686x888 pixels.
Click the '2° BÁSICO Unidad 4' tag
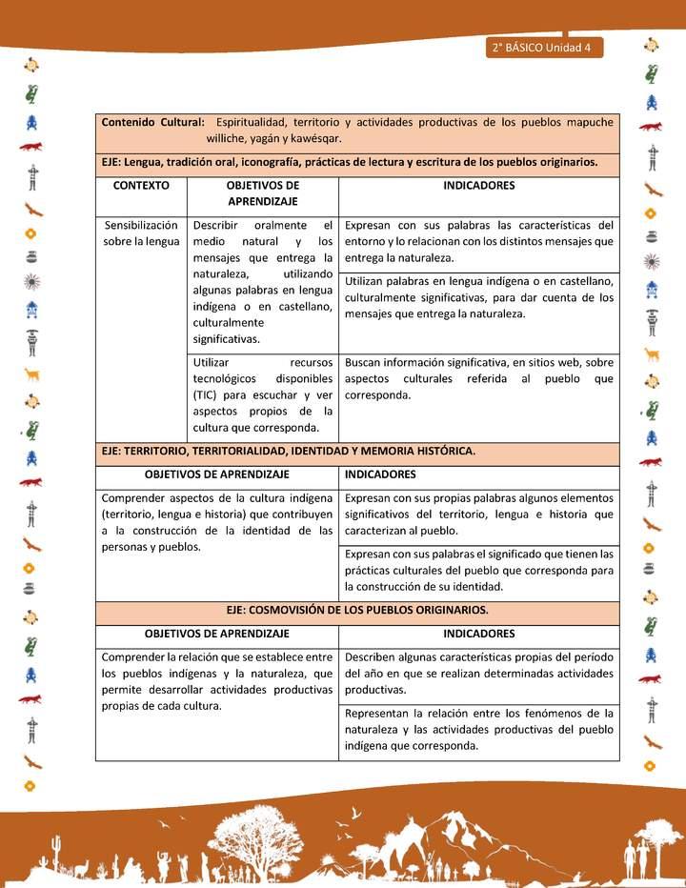click(x=542, y=49)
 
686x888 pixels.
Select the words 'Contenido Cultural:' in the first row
click(x=152, y=122)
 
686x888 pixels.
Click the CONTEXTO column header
click(x=141, y=186)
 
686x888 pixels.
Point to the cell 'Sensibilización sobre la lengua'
click(x=141, y=233)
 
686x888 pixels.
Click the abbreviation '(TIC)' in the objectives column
click(x=209, y=394)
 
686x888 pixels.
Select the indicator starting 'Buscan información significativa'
click(x=478, y=378)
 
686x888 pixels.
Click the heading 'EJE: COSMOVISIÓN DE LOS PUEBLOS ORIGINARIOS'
click(x=357, y=610)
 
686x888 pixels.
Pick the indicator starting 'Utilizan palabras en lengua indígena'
click(x=478, y=297)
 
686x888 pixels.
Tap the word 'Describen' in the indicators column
click(x=372, y=657)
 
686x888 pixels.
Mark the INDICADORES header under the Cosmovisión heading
click(x=478, y=634)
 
